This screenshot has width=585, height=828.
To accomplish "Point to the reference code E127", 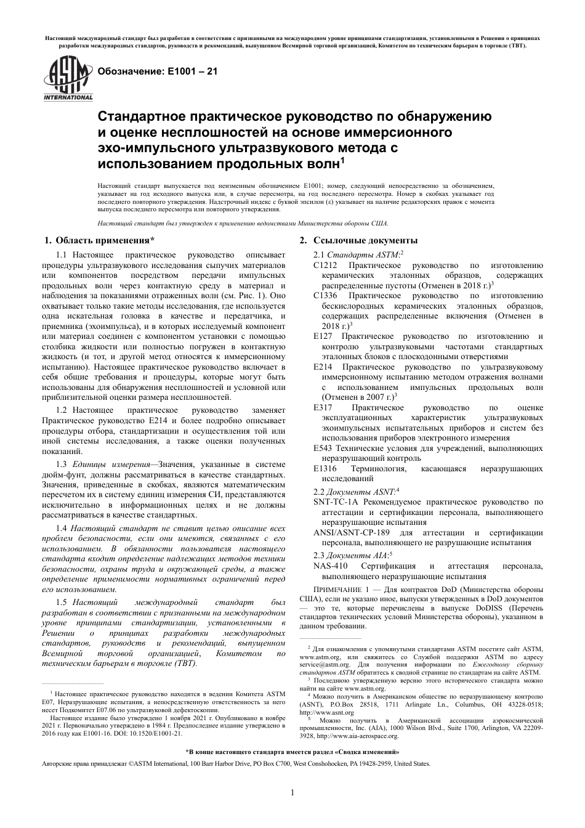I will [x=323, y=336].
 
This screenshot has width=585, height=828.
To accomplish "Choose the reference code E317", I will [x=323, y=408].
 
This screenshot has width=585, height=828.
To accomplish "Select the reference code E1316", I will [x=325, y=469].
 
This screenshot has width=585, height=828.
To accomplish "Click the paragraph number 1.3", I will [x=61, y=464].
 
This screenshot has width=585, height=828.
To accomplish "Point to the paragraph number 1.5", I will [x=61, y=602].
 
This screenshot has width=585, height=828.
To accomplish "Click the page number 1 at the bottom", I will [x=292, y=792].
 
